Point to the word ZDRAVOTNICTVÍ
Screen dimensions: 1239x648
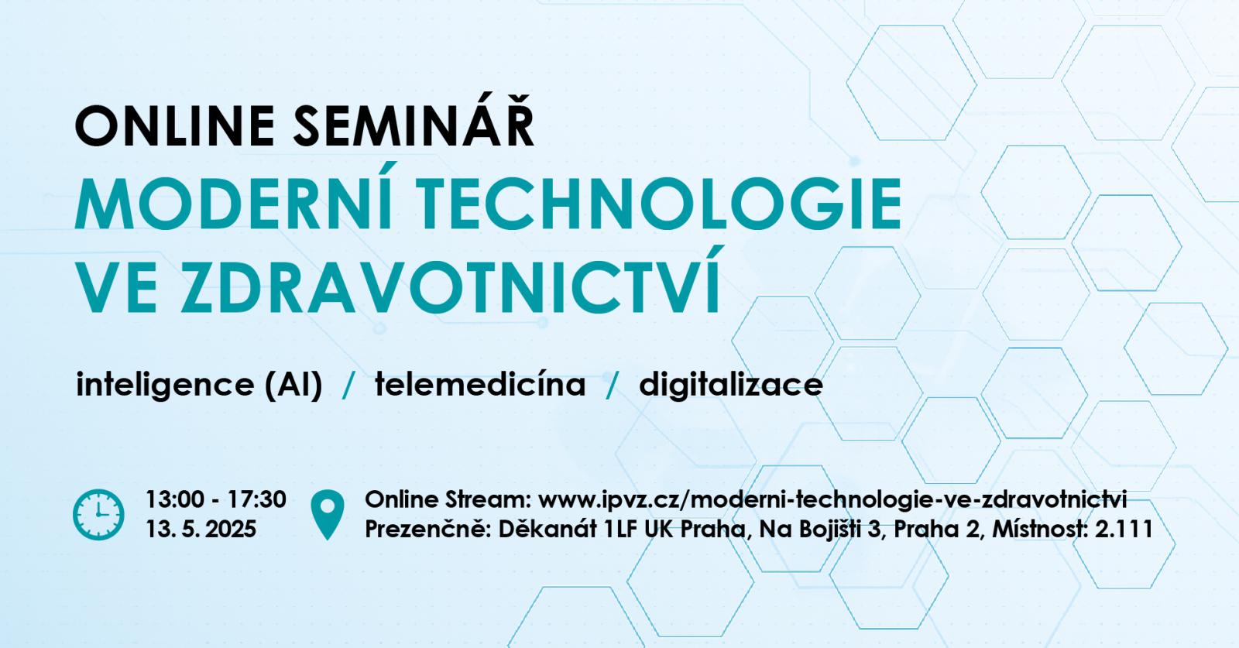[450, 282]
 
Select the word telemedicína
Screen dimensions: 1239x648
[480, 384]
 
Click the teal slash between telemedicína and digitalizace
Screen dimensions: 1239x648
[612, 386]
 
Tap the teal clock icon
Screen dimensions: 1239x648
[98, 514]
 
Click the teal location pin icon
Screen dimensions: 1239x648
[328, 514]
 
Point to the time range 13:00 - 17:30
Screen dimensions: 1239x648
[216, 500]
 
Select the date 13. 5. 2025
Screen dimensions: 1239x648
[201, 529]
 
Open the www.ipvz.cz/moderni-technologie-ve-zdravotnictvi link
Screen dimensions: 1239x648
[832, 500]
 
